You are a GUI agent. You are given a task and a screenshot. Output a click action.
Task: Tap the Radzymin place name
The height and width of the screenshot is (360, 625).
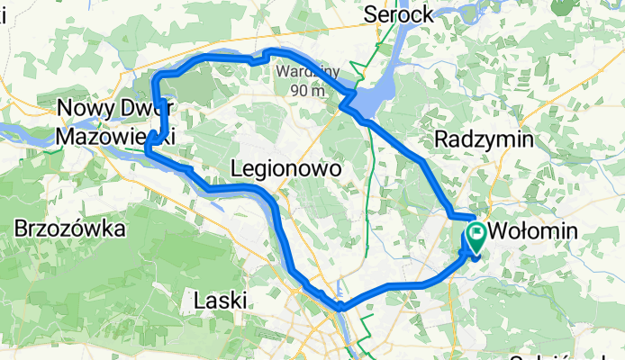(x=484, y=139)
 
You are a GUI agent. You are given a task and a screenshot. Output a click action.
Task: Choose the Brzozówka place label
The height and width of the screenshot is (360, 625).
(x=68, y=229)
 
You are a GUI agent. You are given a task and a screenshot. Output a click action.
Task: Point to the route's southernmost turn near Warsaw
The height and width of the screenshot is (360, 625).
(x=340, y=309)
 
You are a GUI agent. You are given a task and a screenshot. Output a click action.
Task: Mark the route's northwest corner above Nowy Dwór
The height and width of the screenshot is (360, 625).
(x=159, y=76)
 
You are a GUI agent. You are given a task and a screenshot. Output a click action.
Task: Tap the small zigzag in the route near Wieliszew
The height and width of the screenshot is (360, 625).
(x=258, y=60)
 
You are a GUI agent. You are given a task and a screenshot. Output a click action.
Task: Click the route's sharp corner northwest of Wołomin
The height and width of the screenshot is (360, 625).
(x=449, y=213)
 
